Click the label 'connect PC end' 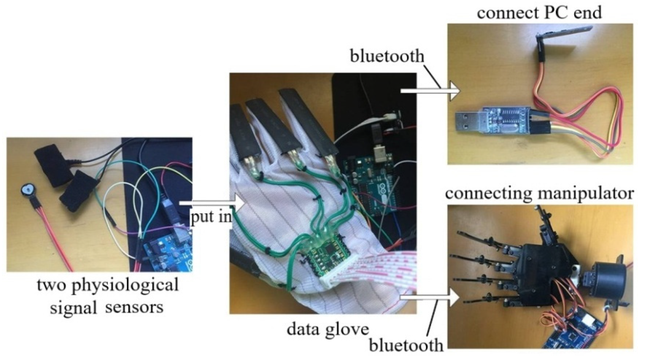tap(539, 13)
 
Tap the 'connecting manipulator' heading tap(539, 193)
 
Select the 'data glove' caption tap(328, 329)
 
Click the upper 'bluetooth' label tap(387, 56)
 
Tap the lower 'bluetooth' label tap(406, 345)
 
